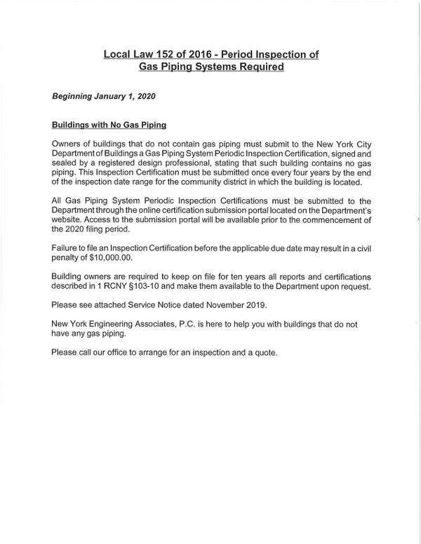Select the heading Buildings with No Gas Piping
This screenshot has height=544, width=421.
pyautogui.click(x=109, y=125)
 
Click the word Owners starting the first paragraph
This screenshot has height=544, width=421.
pyautogui.click(x=68, y=143)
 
